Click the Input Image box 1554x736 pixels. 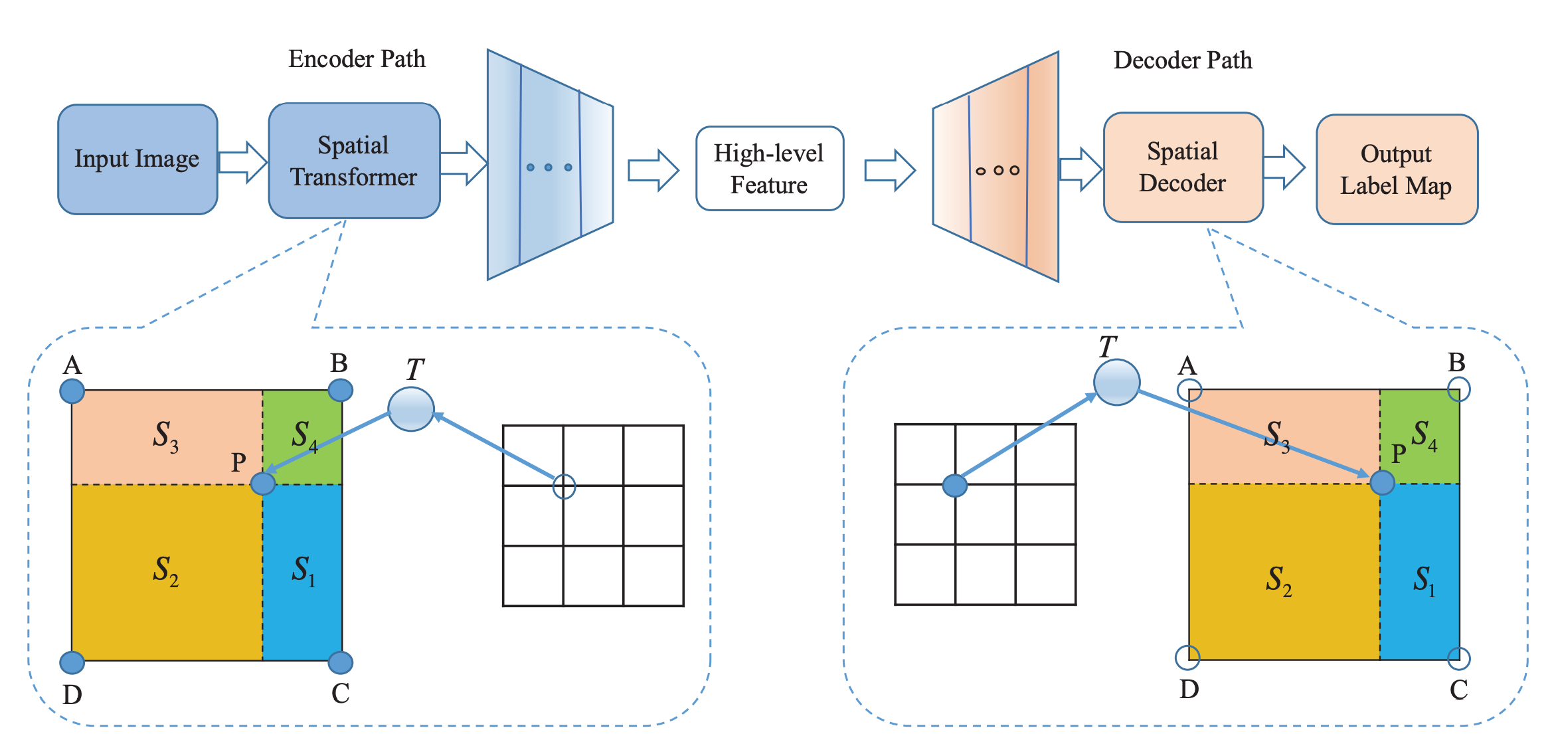pyautogui.click(x=137, y=159)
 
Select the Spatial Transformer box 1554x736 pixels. pyautogui.click(x=354, y=161)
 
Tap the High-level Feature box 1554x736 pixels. pyautogui.click(x=769, y=169)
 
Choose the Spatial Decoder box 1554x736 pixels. pyautogui.click(x=1183, y=167)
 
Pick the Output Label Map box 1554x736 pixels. pyautogui.click(x=1397, y=169)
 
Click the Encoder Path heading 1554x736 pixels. pyautogui.click(x=357, y=59)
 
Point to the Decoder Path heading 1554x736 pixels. pyautogui.click(x=1183, y=60)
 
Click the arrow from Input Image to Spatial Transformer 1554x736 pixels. pyautogui.click(x=242, y=162)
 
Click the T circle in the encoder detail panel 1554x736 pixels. pyautogui.click(x=411, y=409)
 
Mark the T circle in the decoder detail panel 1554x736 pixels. pyautogui.click(x=1117, y=383)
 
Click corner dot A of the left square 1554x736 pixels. pyautogui.click(x=72, y=391)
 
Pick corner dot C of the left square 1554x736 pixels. pyautogui.click(x=341, y=662)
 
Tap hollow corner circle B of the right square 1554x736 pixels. pyautogui.click(x=1458, y=389)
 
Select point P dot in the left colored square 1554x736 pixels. pyautogui.click(x=263, y=484)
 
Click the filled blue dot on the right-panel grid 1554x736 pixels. pyautogui.click(x=955, y=486)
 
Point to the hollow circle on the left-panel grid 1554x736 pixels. pyautogui.click(x=564, y=486)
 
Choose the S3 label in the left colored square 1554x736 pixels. pyautogui.click(x=165, y=436)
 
